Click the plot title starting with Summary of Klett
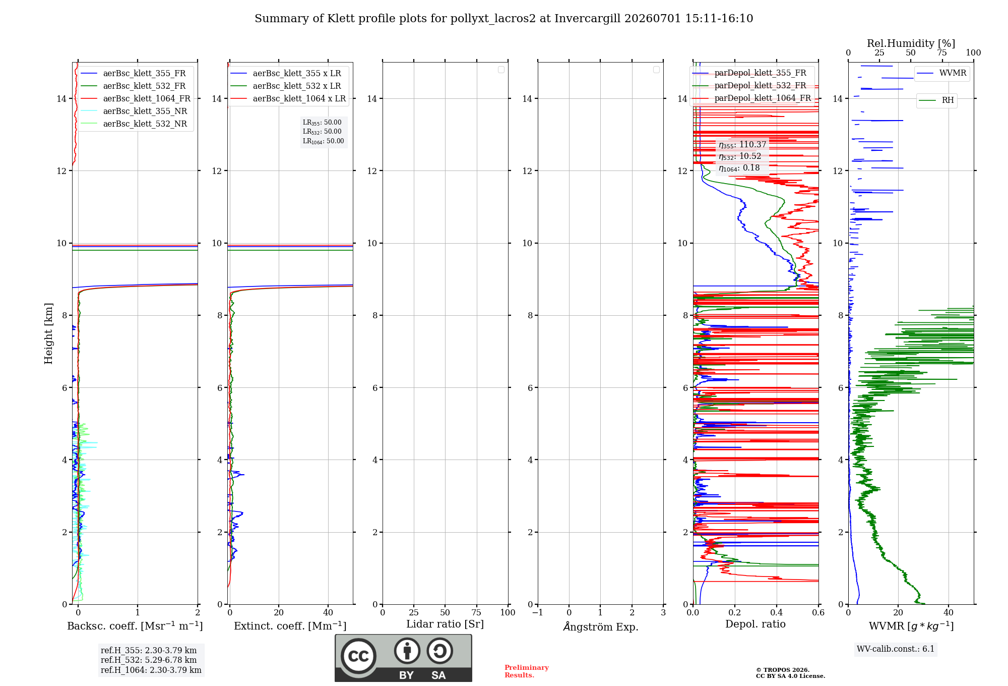coord(503,19)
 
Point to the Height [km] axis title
coord(48,333)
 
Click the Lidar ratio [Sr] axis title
coord(445,624)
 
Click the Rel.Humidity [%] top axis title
coord(911,43)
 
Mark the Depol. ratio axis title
coord(755,624)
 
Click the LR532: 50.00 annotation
coord(322,132)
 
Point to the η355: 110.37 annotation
coord(742,145)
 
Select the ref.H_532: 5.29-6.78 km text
coord(149,660)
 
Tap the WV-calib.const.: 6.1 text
coord(896,649)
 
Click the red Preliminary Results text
coord(527,671)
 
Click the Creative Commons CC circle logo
coord(358,656)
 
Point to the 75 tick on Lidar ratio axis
coord(476,612)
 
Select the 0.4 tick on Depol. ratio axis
coord(777,612)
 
